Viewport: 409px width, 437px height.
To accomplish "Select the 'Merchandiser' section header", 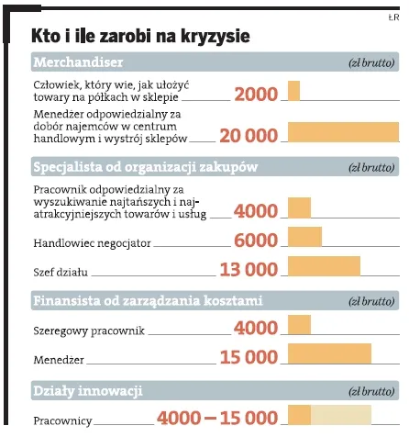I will pos(79,62).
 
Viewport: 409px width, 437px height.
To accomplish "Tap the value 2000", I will pos(256,94).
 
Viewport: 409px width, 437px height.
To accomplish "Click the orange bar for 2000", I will pos(294,92).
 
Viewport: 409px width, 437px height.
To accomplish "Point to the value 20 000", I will pos(249,135).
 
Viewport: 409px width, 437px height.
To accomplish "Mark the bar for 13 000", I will pos(325,267).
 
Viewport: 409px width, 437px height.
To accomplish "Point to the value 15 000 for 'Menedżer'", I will pos(249,357).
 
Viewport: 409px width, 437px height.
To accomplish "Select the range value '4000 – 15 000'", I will pos(217,418).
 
